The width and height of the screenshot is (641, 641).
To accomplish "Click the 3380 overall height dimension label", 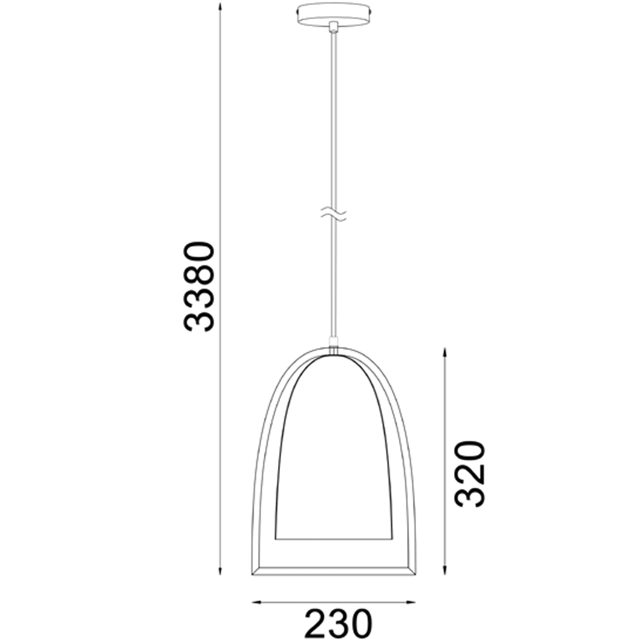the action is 198,287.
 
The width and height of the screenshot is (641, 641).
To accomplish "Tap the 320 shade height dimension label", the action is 470,474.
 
